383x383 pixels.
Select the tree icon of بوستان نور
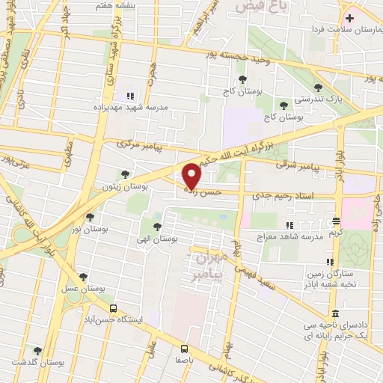coord(90,217)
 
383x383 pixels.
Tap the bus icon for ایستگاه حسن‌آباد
coord(113,307)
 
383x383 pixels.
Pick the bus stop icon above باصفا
coord(184,348)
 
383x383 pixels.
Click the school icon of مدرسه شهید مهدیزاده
coord(130,96)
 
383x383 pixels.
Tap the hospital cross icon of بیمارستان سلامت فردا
coord(350,16)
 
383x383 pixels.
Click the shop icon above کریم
coord(336,221)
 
